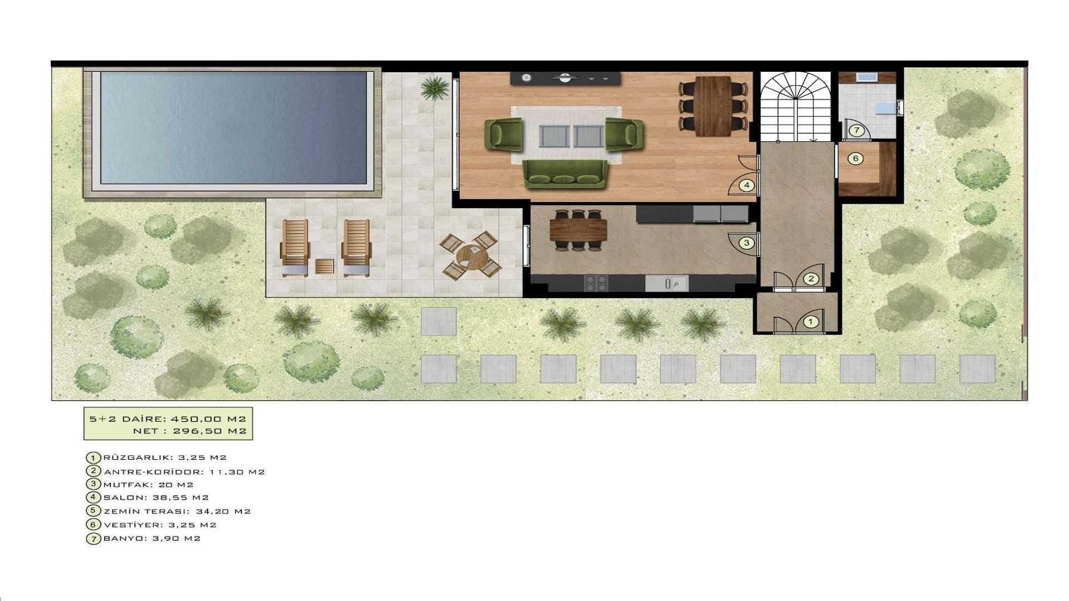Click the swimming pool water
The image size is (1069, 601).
(x=234, y=127)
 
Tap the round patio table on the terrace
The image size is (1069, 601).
(x=471, y=256)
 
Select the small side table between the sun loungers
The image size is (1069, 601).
(x=325, y=266)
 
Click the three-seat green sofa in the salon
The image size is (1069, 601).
(x=565, y=174)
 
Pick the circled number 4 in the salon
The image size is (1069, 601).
(x=747, y=185)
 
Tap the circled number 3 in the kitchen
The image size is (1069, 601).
(x=747, y=243)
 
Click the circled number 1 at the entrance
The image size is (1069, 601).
(x=811, y=322)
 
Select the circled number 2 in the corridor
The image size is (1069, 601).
(x=811, y=279)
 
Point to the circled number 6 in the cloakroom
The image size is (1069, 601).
(x=856, y=159)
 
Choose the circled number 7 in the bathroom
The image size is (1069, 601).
(x=856, y=131)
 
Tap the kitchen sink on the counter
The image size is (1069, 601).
(x=667, y=283)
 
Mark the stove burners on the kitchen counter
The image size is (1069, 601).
(x=596, y=283)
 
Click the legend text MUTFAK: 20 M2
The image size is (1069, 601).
(x=149, y=485)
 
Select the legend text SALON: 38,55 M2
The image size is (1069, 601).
(x=156, y=497)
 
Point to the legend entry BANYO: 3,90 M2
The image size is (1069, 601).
(x=152, y=538)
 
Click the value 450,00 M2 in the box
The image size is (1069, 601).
(x=208, y=418)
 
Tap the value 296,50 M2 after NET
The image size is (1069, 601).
(x=209, y=431)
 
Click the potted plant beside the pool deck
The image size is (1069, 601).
(x=434, y=88)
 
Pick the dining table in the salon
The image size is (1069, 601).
(x=713, y=106)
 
